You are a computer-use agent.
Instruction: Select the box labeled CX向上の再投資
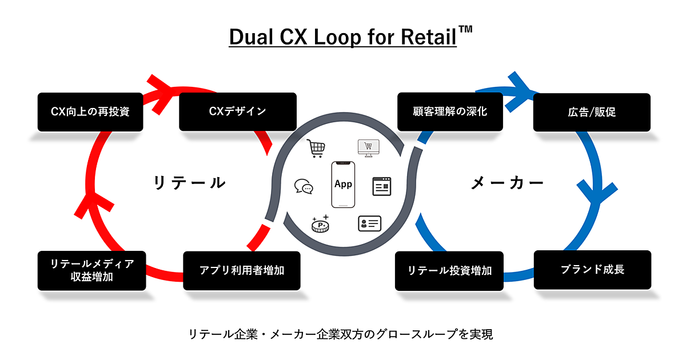click(x=90, y=111)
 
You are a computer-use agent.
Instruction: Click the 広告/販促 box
click(x=592, y=112)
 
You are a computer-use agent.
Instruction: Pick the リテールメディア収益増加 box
click(x=92, y=270)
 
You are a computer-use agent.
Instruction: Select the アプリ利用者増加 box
click(x=242, y=270)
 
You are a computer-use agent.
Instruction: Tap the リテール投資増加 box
click(x=450, y=270)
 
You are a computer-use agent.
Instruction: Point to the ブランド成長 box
click(x=592, y=269)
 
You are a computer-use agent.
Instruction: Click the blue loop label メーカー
click(x=507, y=183)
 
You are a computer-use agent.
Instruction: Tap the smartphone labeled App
click(x=343, y=185)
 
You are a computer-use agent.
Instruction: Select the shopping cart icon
click(x=316, y=149)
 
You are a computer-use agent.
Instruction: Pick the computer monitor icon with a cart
click(x=369, y=148)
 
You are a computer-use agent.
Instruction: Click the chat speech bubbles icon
click(x=304, y=187)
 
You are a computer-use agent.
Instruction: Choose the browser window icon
click(x=382, y=186)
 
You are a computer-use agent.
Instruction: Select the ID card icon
click(x=369, y=223)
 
